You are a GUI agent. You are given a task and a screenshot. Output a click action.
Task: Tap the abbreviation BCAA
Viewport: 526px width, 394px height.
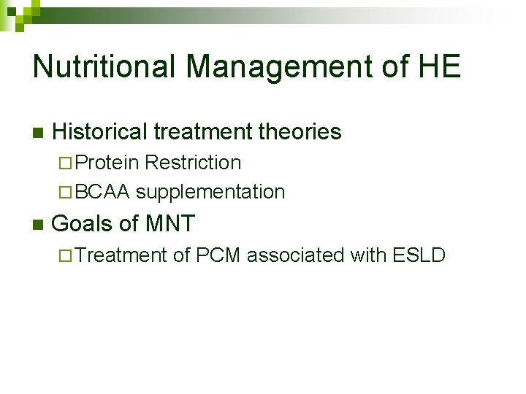[102, 192]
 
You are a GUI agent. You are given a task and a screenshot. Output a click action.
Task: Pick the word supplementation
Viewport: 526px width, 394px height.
[210, 192]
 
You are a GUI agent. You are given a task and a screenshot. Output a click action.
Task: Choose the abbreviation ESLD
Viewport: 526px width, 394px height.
[419, 255]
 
